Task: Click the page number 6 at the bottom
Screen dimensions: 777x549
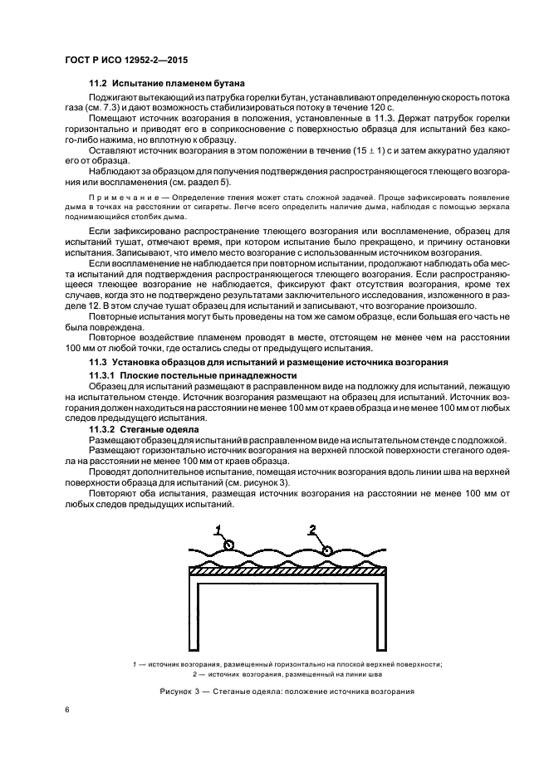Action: (x=67, y=708)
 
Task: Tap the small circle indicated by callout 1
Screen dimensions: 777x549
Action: (x=229, y=545)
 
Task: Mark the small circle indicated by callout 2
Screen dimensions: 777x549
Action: (x=329, y=550)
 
